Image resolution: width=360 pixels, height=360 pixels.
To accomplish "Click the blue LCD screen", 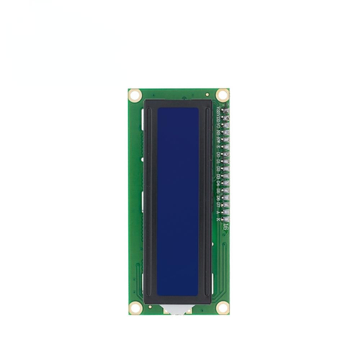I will point(178,202).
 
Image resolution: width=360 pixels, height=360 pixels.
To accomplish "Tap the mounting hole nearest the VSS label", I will point(222,95).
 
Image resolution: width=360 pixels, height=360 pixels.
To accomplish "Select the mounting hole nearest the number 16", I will point(222,308).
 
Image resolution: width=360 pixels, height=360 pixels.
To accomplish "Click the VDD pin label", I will point(219,118).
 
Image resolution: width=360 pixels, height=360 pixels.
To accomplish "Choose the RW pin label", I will point(219,140).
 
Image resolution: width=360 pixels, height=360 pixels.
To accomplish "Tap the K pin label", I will point(219,219).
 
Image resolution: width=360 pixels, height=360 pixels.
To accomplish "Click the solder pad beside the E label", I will point(226,147).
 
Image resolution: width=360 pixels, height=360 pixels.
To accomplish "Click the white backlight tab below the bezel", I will point(178,309).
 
